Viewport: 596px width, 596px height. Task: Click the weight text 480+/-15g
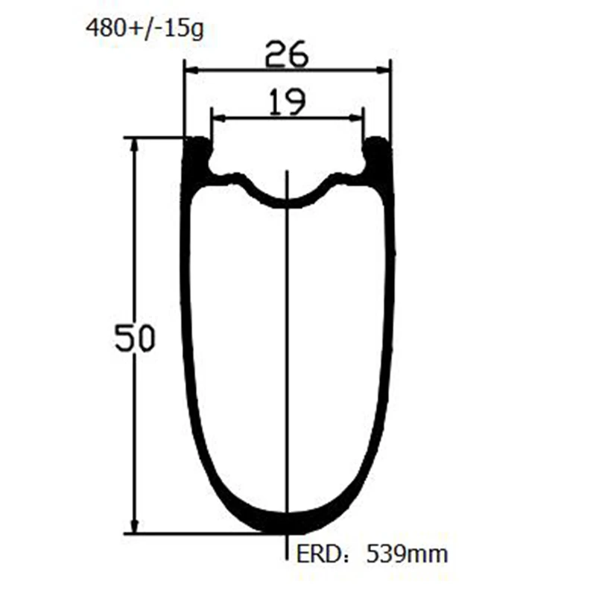pos(145,28)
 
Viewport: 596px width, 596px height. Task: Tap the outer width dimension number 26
pos(287,54)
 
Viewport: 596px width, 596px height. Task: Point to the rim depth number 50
pos(135,337)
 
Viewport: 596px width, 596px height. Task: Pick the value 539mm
pos(407,554)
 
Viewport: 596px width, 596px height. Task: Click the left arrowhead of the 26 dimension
pos(192,70)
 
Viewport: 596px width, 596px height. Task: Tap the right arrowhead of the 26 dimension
pos(383,70)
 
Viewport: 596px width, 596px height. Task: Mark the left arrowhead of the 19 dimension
pos(219,118)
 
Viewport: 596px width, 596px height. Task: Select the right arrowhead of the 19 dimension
pos(356,118)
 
